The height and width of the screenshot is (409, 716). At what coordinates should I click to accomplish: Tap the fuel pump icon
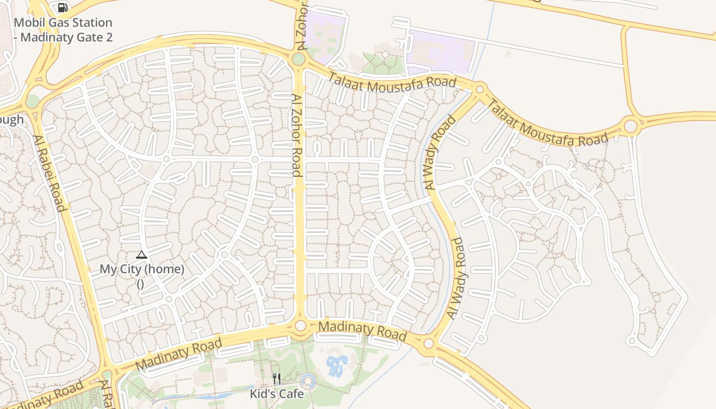click(x=62, y=7)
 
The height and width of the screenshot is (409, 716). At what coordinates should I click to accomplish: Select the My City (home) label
click(x=142, y=269)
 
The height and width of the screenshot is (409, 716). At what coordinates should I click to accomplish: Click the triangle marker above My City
click(x=142, y=255)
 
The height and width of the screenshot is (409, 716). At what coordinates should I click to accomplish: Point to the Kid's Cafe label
click(x=277, y=394)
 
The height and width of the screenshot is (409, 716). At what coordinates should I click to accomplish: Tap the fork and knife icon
click(x=277, y=379)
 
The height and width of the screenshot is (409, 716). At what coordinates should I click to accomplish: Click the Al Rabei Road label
click(x=50, y=173)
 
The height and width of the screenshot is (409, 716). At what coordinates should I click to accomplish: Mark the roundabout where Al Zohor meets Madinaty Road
click(x=300, y=326)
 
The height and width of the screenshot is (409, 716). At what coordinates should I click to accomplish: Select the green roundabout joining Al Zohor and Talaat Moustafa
click(x=299, y=60)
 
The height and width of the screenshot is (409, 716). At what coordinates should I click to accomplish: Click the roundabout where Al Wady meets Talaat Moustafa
click(x=480, y=90)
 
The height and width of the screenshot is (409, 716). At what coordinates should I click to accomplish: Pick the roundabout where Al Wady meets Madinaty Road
click(x=429, y=343)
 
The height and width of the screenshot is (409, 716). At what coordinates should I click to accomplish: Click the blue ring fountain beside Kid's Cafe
click(x=308, y=380)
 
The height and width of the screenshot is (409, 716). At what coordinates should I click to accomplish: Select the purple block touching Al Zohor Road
click(x=326, y=34)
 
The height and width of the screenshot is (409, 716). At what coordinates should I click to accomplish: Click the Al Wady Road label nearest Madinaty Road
click(x=457, y=279)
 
